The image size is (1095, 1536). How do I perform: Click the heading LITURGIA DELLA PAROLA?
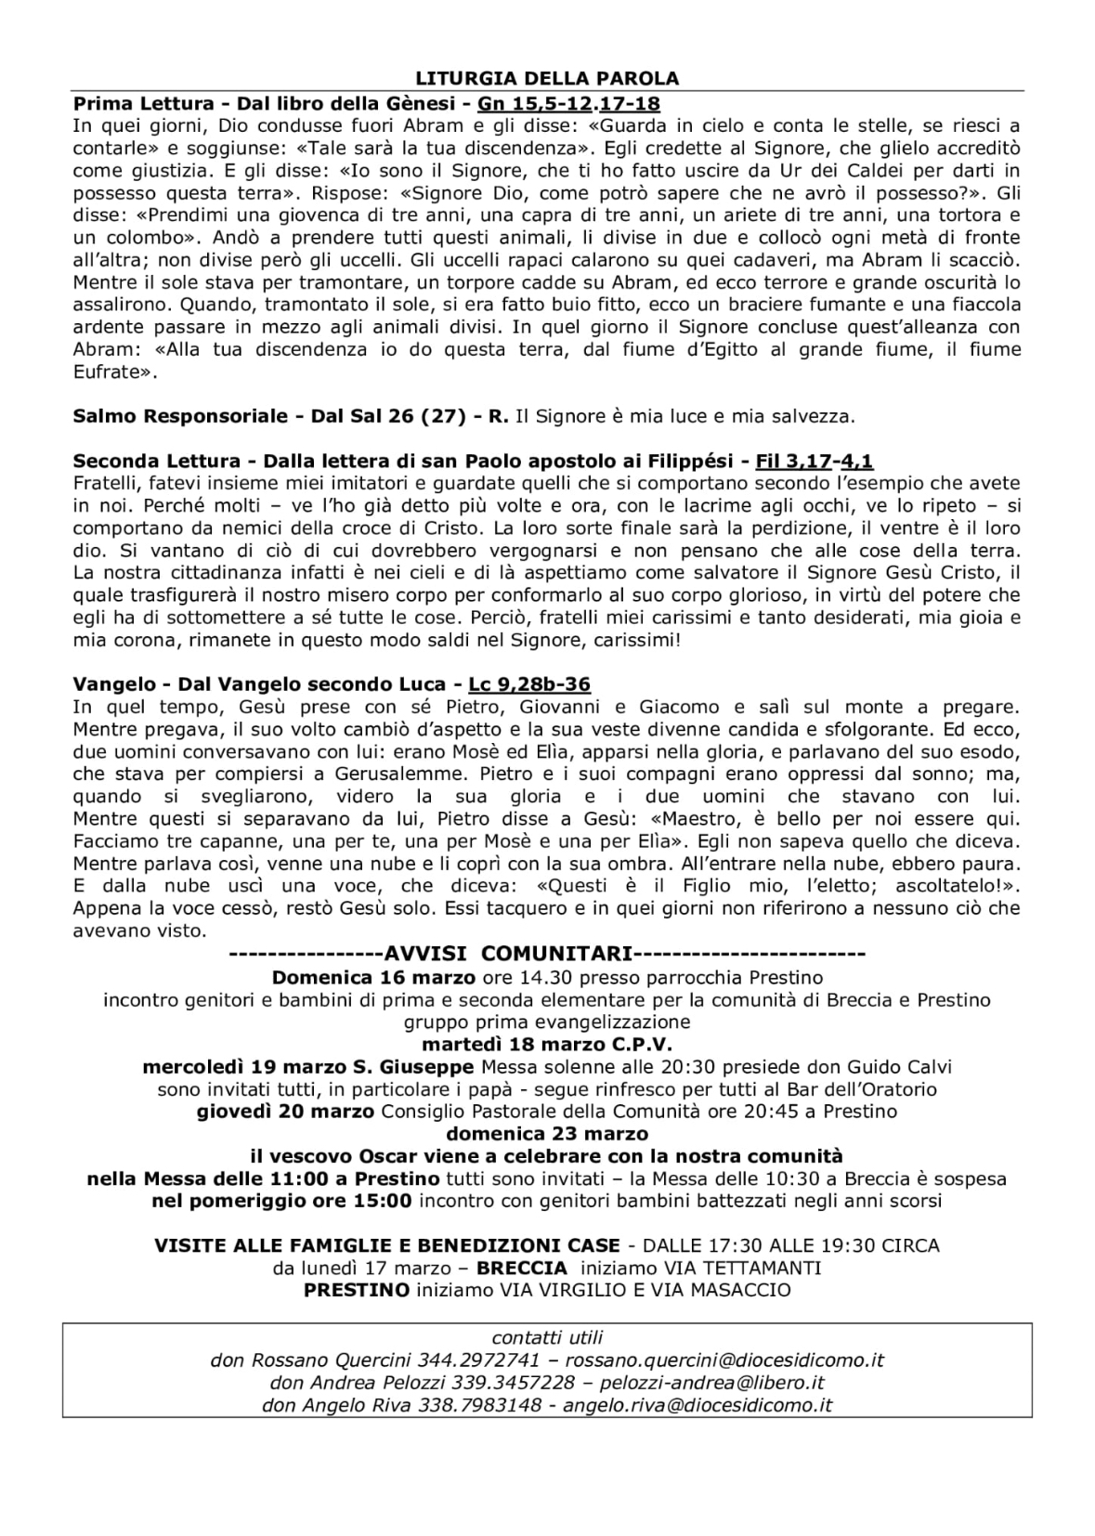point(547,78)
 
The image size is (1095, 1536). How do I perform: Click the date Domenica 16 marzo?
point(373,977)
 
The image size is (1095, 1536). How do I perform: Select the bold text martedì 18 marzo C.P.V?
point(547,1044)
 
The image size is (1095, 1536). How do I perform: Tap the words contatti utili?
point(547,1338)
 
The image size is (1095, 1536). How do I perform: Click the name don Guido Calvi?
point(887,1066)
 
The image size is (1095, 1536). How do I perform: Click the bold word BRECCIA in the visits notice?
point(521,1268)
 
